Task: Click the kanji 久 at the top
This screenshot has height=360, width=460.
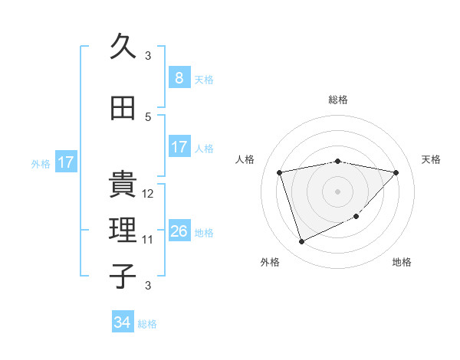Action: tap(123, 47)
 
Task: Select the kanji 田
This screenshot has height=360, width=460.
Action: tap(123, 107)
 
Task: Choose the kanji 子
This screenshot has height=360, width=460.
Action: tap(123, 277)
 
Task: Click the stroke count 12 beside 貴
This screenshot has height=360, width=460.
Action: tap(149, 194)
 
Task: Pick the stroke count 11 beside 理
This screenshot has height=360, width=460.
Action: tap(149, 240)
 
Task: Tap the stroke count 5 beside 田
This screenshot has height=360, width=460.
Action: tap(149, 116)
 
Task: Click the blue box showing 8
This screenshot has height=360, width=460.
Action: tap(179, 78)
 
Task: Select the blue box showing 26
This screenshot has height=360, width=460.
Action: tap(179, 231)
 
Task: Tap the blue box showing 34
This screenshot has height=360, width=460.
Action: tap(123, 322)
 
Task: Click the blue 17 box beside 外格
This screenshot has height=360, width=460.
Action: tap(65, 162)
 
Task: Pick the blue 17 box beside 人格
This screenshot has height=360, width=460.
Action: tap(179, 147)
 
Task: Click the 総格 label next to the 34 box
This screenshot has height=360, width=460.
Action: tap(147, 324)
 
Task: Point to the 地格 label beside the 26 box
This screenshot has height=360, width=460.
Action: tap(204, 232)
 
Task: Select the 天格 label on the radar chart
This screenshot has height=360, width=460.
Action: tap(432, 159)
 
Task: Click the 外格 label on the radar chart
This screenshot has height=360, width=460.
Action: tap(270, 263)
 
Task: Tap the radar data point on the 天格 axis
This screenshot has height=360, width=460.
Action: tap(396, 172)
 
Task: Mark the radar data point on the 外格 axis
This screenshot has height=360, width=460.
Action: tap(301, 242)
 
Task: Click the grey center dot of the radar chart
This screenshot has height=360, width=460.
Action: tap(337, 191)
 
